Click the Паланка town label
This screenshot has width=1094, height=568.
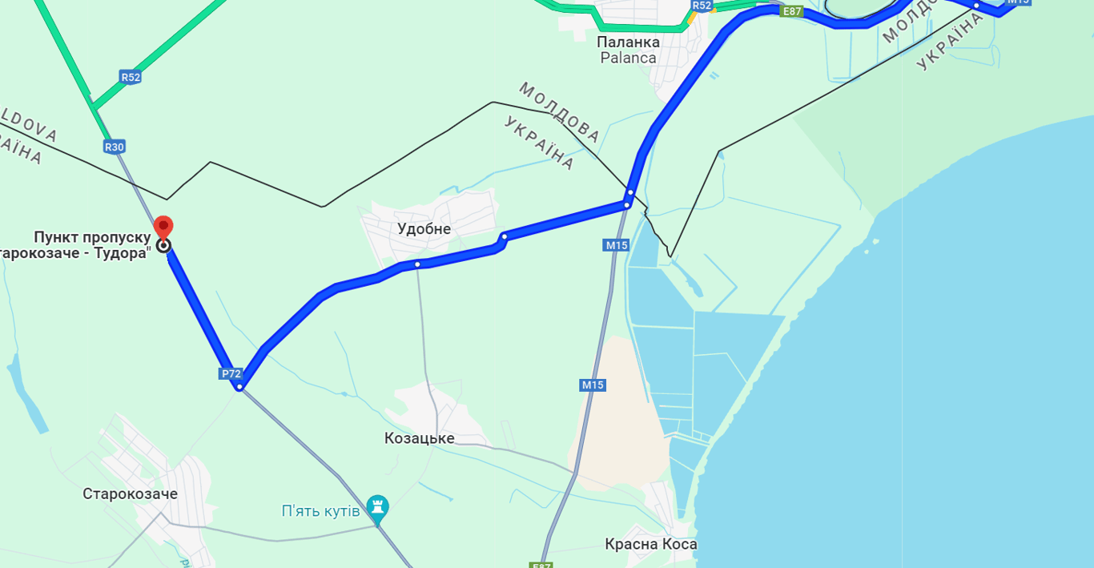628,42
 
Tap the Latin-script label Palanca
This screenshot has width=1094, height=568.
628,58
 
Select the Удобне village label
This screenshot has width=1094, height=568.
424,229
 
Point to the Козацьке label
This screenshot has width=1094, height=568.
419,438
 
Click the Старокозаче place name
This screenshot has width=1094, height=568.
130,493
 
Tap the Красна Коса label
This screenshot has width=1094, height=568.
650,545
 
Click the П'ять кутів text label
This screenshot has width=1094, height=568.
320,511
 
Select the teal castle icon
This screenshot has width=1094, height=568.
377,507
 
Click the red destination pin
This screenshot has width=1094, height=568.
163,227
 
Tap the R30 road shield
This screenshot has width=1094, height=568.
115,147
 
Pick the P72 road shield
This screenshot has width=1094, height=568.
231,373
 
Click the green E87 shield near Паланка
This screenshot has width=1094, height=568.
790,11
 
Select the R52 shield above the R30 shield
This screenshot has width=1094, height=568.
131,77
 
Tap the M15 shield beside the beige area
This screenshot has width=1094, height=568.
593,385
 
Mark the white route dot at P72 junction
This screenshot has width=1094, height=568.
239,387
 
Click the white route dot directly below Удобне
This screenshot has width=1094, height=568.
417,264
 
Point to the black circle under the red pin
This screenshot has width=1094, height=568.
163,245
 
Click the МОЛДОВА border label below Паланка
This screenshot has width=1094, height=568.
559,107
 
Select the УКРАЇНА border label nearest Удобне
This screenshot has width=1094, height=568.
539,143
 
